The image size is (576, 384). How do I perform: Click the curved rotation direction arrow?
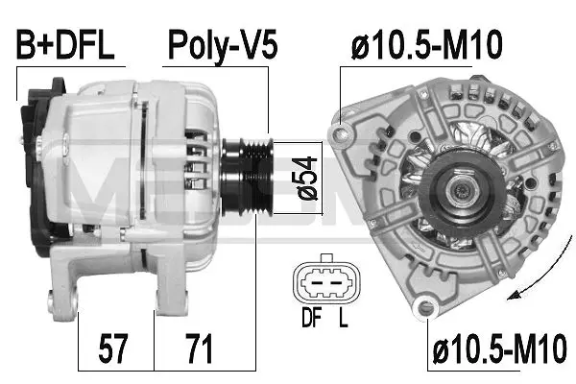537,279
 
